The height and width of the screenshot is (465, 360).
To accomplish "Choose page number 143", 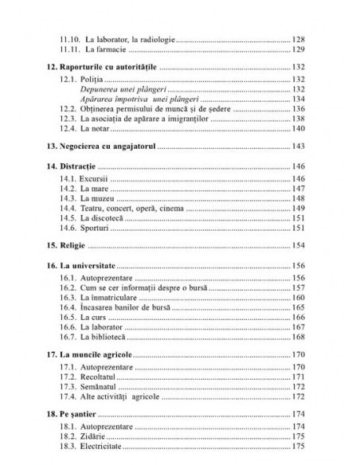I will point(299,146).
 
